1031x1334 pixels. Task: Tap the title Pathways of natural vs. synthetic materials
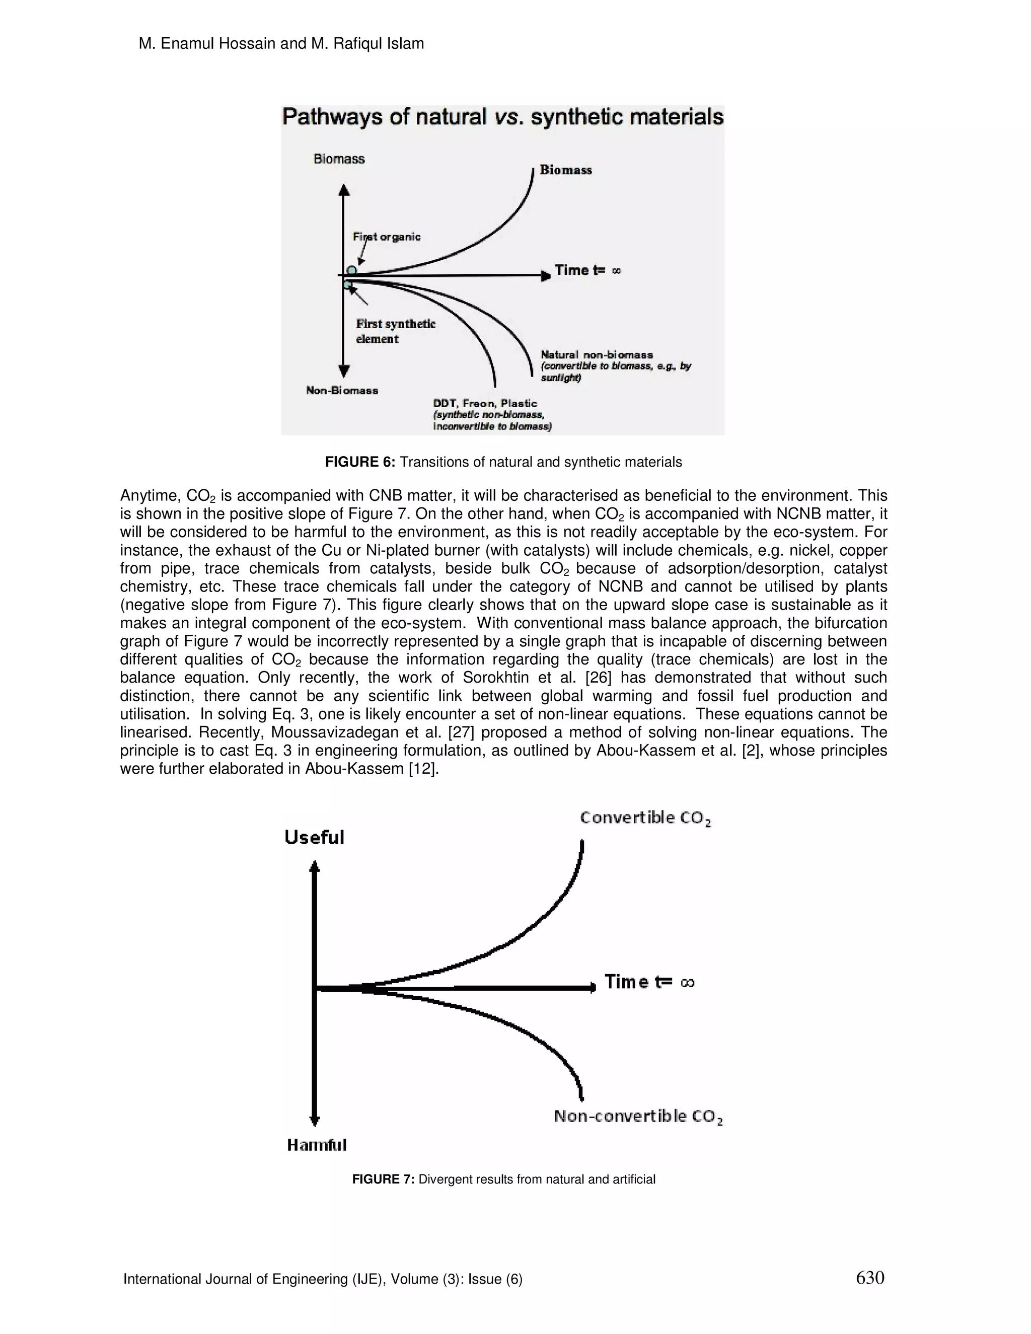(x=502, y=117)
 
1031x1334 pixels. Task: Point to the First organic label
(x=387, y=237)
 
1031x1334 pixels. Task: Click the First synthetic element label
(x=395, y=331)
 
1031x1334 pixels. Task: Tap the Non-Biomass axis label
(x=341, y=390)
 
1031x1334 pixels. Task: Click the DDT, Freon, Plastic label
(x=485, y=403)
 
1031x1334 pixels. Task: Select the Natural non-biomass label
(x=597, y=354)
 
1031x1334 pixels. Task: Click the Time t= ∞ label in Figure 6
(x=587, y=270)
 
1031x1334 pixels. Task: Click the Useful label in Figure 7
(x=314, y=838)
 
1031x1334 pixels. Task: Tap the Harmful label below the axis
(x=316, y=1145)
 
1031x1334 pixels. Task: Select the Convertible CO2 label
(x=645, y=818)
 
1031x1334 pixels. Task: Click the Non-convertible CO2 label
(x=638, y=1117)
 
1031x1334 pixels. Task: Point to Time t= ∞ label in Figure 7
(x=649, y=982)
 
